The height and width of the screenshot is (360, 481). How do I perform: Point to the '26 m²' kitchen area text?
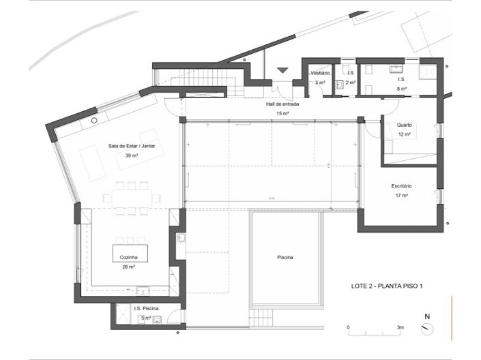point(129,267)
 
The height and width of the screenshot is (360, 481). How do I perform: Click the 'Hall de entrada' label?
point(282,104)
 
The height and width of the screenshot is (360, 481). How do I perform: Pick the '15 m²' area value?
point(282,113)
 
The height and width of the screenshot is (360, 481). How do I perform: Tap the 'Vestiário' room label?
point(320,73)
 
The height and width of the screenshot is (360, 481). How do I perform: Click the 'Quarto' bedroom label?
point(405,125)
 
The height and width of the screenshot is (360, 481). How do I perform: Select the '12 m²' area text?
point(405,134)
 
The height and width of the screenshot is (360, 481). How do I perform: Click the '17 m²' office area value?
point(401,196)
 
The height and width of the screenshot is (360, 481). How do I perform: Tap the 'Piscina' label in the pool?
point(285,258)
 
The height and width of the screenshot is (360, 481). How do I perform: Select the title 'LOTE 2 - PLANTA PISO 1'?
point(381,286)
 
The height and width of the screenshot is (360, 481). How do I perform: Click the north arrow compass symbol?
point(427,328)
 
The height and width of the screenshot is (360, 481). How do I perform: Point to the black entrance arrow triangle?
point(283,70)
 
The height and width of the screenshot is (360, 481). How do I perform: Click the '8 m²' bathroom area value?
point(402,89)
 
